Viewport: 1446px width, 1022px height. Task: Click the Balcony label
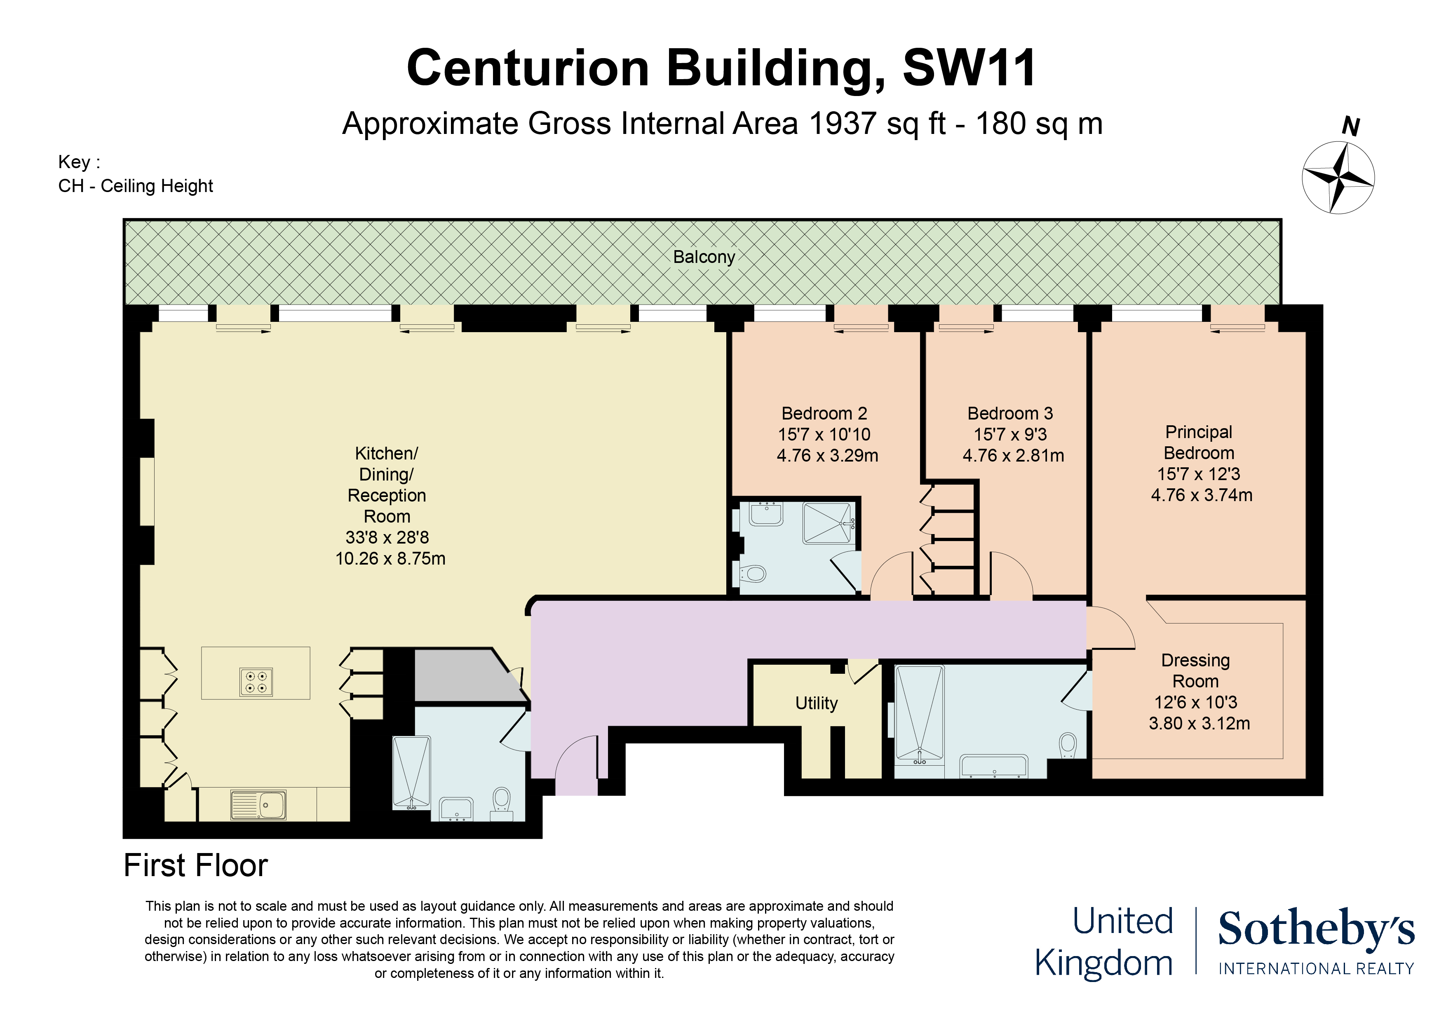point(704,257)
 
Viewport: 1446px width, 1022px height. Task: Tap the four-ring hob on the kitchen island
point(256,682)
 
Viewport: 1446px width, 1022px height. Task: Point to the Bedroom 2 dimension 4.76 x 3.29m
point(827,455)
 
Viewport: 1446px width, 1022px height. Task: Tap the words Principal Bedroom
point(1199,442)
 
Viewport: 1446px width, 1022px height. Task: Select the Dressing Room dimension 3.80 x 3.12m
point(1199,723)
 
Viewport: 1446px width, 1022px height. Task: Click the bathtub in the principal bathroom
point(993,767)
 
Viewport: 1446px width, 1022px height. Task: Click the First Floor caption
point(195,865)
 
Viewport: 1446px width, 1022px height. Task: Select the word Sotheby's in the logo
point(1316,929)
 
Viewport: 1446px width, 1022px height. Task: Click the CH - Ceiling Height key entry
point(135,186)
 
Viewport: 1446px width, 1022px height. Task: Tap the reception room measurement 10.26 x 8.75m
point(390,558)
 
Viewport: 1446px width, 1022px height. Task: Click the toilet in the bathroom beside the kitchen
point(501,800)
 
